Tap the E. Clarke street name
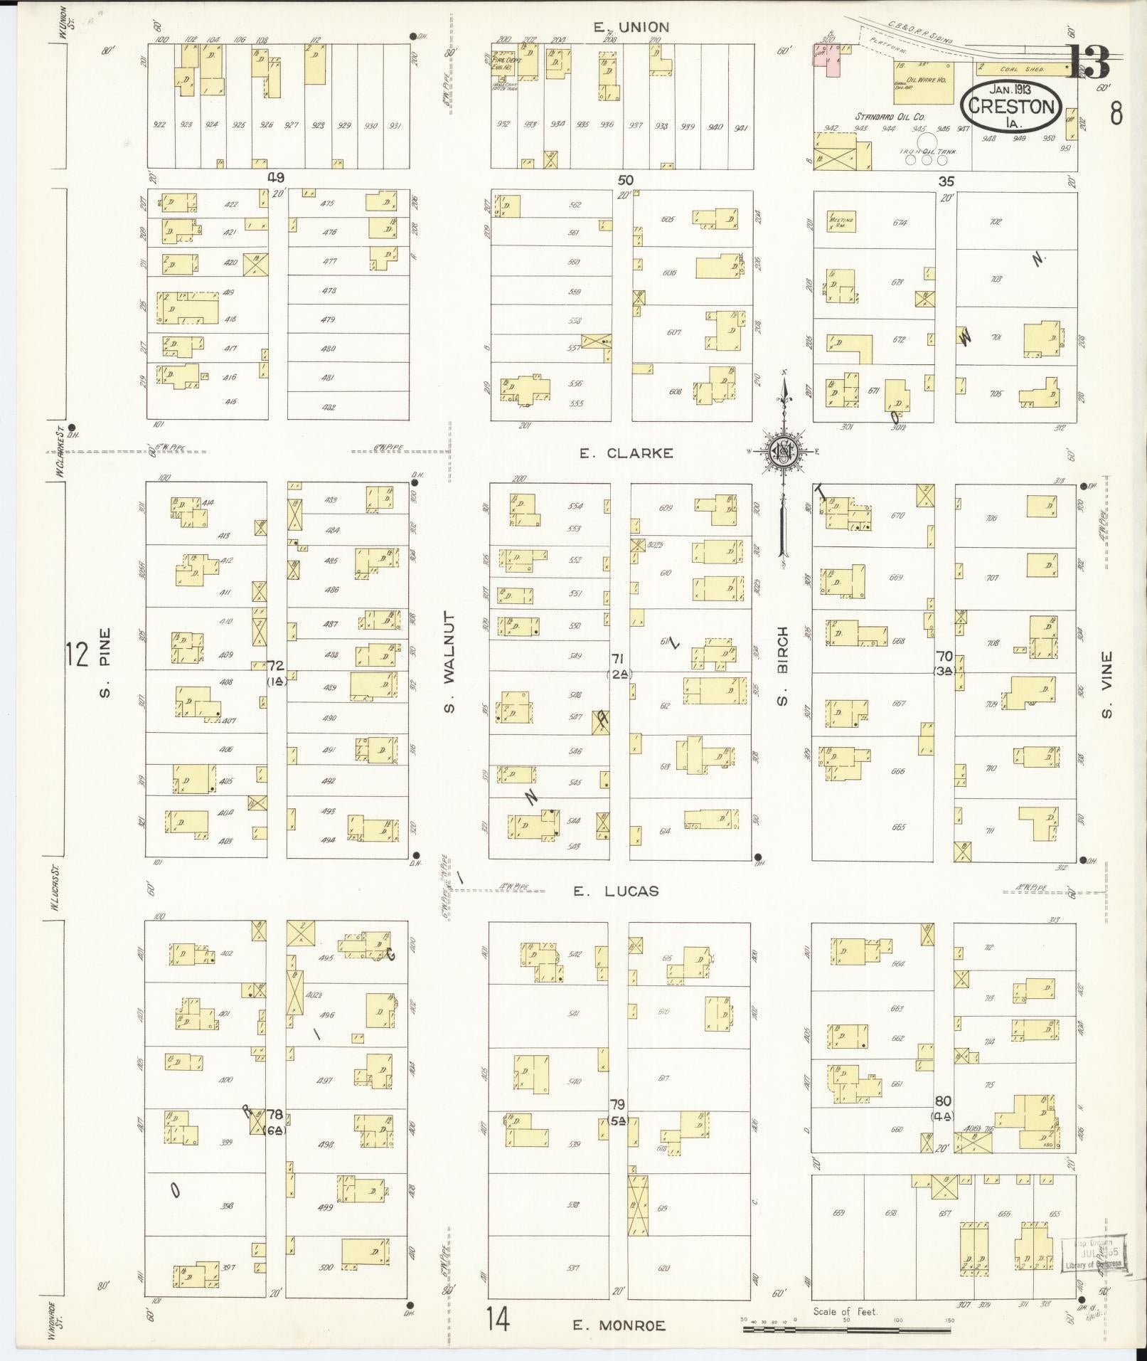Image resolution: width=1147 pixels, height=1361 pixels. (x=626, y=453)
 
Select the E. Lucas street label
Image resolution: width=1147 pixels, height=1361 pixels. (x=617, y=891)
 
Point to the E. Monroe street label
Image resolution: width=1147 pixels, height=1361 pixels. (x=619, y=1325)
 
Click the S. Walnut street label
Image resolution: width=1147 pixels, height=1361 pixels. (x=449, y=662)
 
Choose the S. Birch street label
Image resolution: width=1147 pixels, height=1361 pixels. (x=782, y=666)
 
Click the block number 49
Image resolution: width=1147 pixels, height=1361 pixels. (x=276, y=177)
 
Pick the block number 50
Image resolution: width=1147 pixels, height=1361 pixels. (x=626, y=180)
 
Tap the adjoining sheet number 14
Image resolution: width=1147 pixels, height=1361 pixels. (x=498, y=1320)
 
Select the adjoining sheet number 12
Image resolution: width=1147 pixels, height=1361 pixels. (x=77, y=653)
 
